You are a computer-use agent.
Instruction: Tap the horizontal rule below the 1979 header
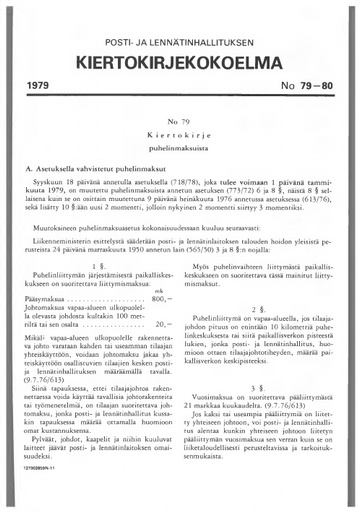[x=180, y=111]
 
